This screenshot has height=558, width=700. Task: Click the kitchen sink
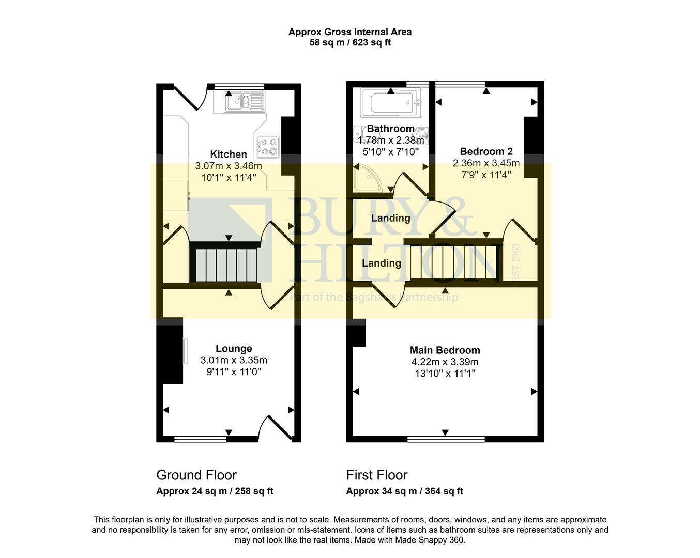tap(245, 102)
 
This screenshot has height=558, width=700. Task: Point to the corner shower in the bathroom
tap(366, 179)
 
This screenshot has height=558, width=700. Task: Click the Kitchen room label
tap(229, 154)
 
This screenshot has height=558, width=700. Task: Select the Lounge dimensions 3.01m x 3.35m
tap(234, 360)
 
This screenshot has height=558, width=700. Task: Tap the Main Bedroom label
tap(445, 350)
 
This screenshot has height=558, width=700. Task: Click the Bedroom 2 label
tap(486, 151)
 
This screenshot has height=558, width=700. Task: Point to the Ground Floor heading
tap(196, 475)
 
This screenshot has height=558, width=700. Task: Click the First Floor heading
tap(377, 475)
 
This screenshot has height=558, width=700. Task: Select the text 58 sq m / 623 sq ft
tap(350, 43)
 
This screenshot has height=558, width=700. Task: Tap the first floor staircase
tap(454, 262)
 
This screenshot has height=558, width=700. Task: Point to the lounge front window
tap(201, 439)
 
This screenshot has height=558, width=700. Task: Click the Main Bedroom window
tap(446, 439)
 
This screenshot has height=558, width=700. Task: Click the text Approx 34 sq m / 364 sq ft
tap(404, 491)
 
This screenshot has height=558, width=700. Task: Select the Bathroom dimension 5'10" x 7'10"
tap(391, 152)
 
